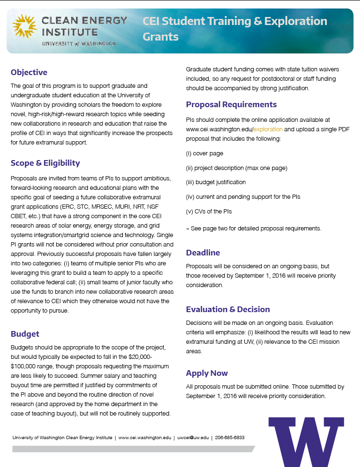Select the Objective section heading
point(29,72)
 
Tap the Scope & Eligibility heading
point(45,163)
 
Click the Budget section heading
point(25,334)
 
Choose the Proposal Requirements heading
point(231,104)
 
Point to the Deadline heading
point(203,253)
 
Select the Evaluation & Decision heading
point(228,309)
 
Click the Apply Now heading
point(207,373)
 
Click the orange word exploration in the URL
point(268,129)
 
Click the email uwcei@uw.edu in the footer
point(193,438)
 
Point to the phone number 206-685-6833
point(230,438)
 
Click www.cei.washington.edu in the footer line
point(145,438)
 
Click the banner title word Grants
point(161,37)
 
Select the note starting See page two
point(254,229)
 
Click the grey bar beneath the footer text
point(132,449)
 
